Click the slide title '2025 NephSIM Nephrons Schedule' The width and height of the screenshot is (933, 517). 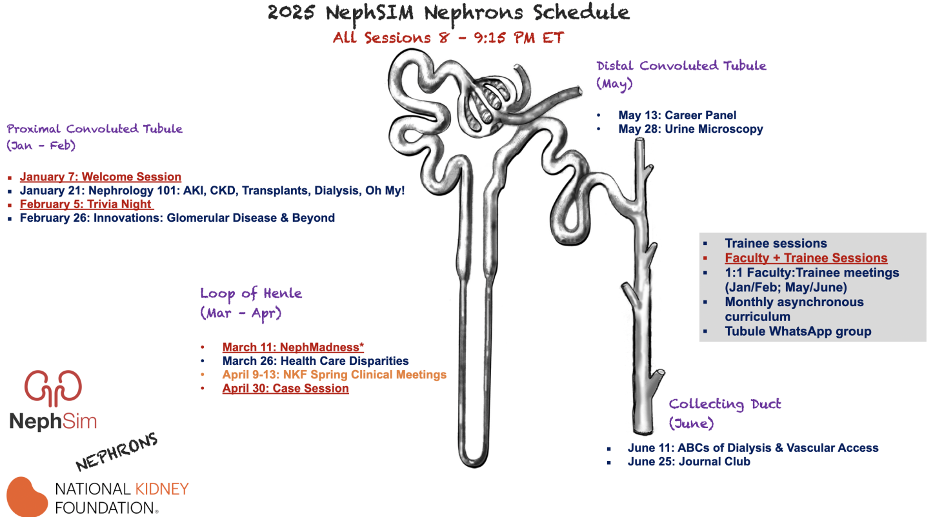[x=448, y=13]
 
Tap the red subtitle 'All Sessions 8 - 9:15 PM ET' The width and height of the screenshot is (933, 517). [x=448, y=37]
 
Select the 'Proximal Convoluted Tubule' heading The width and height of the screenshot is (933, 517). [x=95, y=129]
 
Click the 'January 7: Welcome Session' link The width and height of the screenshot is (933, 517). [x=100, y=177]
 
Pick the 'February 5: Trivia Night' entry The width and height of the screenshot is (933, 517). [x=86, y=204]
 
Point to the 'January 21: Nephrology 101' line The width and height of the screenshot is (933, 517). [x=212, y=191]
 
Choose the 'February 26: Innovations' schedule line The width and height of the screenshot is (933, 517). [x=177, y=218]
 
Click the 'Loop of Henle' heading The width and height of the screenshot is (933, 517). [x=250, y=294]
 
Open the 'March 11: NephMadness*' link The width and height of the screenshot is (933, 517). [x=293, y=347]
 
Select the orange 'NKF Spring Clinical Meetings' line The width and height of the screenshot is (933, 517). [x=334, y=375]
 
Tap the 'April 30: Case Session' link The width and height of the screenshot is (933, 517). [x=285, y=389]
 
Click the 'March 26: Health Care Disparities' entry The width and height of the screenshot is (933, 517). [x=316, y=361]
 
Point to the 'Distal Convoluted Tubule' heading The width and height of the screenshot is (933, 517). [x=681, y=66]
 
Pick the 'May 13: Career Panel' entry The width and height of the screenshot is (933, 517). [x=677, y=115]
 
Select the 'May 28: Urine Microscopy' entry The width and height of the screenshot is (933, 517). [x=690, y=129]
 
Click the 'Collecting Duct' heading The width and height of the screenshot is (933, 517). [x=725, y=404]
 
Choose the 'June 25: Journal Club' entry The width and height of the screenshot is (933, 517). [x=688, y=462]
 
